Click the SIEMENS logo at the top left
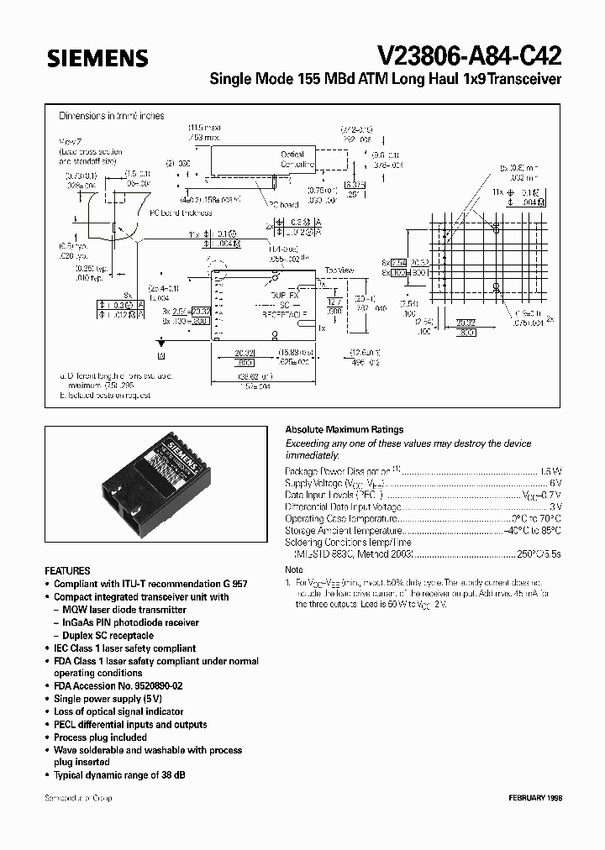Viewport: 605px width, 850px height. (x=97, y=58)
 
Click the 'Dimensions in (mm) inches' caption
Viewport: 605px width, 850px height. (x=111, y=116)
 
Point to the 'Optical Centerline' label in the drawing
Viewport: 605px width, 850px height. (x=292, y=160)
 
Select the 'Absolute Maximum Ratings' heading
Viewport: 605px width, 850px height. (x=345, y=429)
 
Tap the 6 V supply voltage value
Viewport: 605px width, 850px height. (x=555, y=483)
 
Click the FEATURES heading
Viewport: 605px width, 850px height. (x=67, y=569)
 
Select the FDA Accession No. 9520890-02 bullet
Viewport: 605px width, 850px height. (x=118, y=685)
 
